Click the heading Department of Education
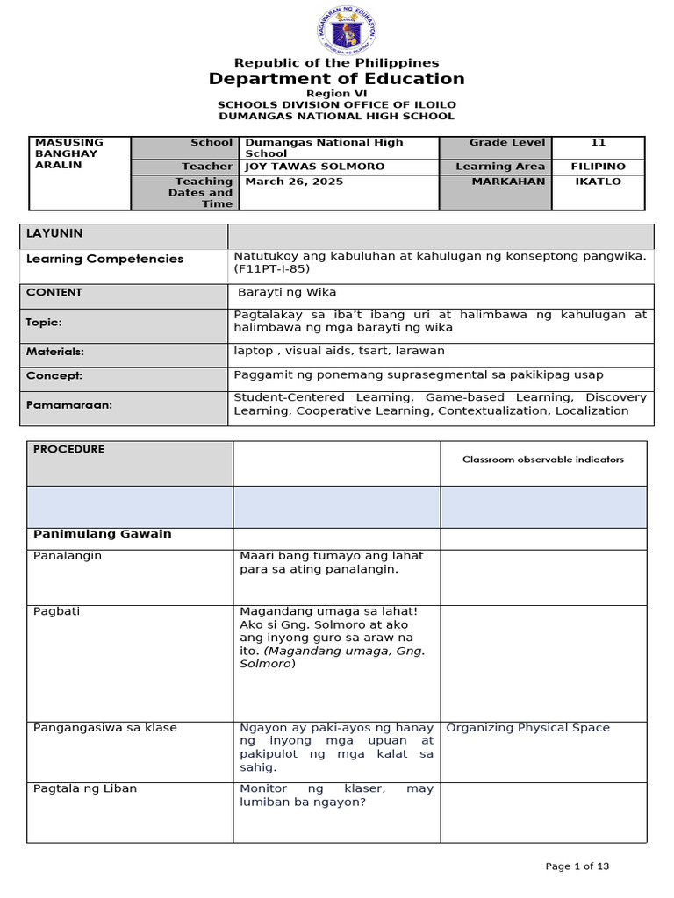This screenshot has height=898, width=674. [x=336, y=79]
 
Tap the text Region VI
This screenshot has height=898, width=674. [x=336, y=93]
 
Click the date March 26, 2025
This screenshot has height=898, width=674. [x=294, y=182]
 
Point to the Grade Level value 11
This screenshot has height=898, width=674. [x=599, y=142]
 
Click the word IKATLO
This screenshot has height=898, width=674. [x=598, y=182]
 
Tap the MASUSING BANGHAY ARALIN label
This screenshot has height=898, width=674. [x=68, y=153]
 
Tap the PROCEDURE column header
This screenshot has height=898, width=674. [x=68, y=449]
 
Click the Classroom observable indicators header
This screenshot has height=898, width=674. [x=543, y=460]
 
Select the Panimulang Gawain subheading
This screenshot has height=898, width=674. [x=102, y=534]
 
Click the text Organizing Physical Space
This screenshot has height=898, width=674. [x=527, y=727]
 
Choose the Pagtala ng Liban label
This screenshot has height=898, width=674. [x=84, y=788]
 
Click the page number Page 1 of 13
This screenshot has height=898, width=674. [x=577, y=866]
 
